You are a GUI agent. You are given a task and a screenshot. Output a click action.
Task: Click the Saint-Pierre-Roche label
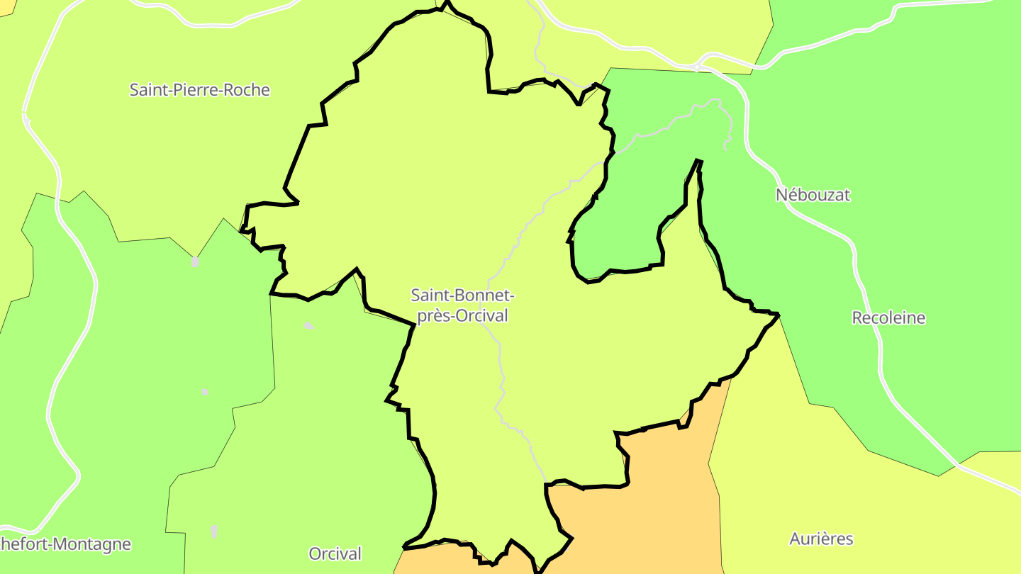(199, 90)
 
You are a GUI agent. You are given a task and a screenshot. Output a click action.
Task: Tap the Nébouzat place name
(813, 194)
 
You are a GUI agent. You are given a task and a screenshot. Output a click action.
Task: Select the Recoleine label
(888, 317)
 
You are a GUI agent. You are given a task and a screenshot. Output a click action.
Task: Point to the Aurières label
(821, 539)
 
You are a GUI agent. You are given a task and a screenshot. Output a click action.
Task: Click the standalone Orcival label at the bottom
(335, 553)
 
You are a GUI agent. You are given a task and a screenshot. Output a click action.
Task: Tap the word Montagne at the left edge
(92, 544)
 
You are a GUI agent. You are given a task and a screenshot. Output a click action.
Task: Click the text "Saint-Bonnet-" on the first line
(462, 295)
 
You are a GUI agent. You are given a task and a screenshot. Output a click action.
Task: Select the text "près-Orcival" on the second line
(462, 316)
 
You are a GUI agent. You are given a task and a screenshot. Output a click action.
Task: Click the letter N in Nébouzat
(781, 194)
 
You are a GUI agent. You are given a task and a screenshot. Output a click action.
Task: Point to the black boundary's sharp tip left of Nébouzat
(698, 162)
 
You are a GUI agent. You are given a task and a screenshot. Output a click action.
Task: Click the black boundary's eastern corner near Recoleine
(778, 314)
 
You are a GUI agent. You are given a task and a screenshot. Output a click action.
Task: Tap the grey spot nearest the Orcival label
(214, 531)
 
